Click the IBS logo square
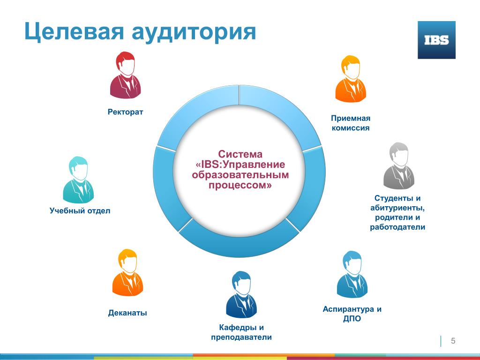pos(436,40)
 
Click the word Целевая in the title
pos(74,32)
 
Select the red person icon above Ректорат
pos(125,75)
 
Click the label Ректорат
pos(125,112)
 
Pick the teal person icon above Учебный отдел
pos(78,180)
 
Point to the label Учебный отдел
pos(80,210)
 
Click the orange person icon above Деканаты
pos(127,272)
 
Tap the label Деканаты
pos(127,313)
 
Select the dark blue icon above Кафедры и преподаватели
pos(241,294)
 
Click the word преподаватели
pos(241,337)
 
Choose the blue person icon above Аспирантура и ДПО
pos(352,275)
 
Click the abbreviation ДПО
pos(352,319)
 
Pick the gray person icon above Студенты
pos(398,165)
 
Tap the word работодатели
pos(397,227)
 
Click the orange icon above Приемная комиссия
pos(351,79)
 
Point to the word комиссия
pos(351,128)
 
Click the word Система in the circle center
pos(240,154)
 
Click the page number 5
pos(453,341)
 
